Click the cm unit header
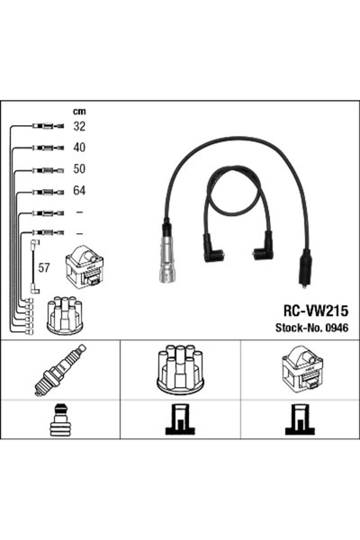[x=78, y=112]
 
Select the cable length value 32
[x=79, y=127]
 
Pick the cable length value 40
[x=79, y=148]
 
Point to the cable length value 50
[x=79, y=169]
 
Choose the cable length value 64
[x=79, y=191]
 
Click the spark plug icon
[x=58, y=369]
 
